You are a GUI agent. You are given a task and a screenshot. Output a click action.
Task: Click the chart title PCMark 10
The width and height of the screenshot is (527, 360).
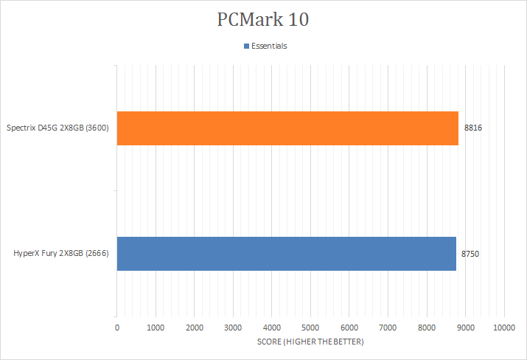263,19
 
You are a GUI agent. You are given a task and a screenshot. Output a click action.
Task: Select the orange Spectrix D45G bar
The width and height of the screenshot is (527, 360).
287,128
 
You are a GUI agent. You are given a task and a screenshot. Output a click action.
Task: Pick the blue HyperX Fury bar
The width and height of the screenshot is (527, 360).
286,254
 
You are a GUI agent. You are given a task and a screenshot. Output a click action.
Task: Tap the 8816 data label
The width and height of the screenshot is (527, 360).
472,128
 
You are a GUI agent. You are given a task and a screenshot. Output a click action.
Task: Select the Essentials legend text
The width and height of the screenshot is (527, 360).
269,46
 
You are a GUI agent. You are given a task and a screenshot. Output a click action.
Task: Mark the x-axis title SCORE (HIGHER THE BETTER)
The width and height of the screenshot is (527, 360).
310,342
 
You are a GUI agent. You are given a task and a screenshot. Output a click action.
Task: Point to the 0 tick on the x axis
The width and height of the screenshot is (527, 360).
117,326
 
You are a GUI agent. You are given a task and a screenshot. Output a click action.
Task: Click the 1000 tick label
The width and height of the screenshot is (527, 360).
156,326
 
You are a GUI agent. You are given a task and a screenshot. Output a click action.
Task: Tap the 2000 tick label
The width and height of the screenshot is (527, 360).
195,326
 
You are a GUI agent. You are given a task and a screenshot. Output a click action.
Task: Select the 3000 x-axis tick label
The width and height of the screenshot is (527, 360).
233,326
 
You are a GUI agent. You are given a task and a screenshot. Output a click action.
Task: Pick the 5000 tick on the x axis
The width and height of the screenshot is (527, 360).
310,326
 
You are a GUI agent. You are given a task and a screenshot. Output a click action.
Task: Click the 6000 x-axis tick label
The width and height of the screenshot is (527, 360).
349,326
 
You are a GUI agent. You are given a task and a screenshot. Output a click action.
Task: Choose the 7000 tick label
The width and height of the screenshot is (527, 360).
388,326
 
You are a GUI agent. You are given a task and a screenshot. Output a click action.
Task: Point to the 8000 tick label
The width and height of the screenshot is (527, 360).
427,326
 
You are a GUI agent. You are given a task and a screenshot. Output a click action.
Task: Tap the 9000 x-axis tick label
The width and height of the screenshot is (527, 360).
465,326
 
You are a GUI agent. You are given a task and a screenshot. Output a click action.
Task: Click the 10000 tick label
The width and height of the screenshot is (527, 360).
504,326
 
